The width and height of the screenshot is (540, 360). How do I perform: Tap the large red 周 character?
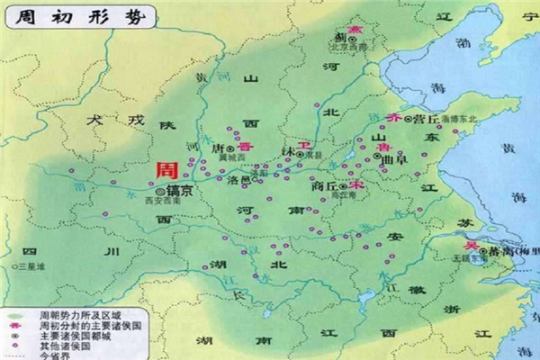coord(166,170)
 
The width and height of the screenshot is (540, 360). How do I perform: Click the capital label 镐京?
coord(180,191)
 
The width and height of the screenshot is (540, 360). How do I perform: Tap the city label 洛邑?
coord(237,179)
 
